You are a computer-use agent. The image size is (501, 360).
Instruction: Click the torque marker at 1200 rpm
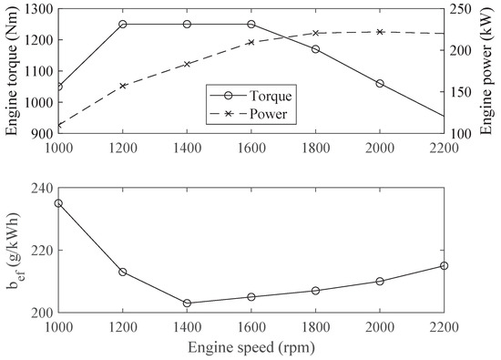pyautogui.click(x=123, y=24)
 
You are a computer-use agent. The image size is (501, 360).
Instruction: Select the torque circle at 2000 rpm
pyautogui.click(x=380, y=83)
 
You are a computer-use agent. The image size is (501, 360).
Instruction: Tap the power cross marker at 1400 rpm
pyautogui.click(x=187, y=64)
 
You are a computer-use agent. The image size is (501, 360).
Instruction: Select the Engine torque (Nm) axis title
pyautogui.click(x=11, y=70)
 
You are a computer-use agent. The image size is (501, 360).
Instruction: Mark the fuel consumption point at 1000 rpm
pyautogui.click(x=58, y=203)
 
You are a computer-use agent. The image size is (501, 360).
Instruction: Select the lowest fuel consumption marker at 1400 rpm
pyautogui.click(x=187, y=303)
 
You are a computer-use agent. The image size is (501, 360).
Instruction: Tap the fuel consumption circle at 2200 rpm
pyautogui.click(x=444, y=265)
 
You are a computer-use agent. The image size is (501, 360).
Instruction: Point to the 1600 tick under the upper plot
pyautogui.click(x=251, y=146)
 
